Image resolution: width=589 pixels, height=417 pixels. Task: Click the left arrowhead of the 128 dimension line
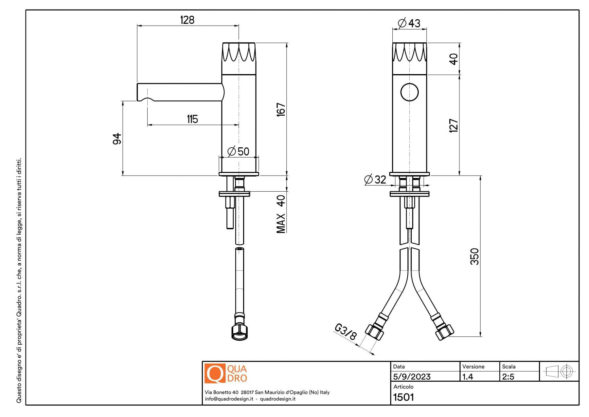click(x=139, y=25)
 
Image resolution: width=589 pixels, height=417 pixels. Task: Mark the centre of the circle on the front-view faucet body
click(x=409, y=92)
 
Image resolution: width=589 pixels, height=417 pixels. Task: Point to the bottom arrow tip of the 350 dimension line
click(x=480, y=336)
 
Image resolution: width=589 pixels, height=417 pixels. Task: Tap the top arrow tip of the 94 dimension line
click(x=123, y=101)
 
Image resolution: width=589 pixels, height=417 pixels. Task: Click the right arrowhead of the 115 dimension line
click(x=237, y=125)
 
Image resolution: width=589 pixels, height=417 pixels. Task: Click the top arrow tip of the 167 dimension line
click(x=287, y=43)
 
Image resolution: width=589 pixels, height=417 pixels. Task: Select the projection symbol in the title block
click(x=559, y=371)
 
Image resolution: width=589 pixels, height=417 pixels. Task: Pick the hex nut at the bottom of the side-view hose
click(x=240, y=332)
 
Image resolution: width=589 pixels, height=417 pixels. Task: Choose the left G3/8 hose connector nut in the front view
click(x=374, y=332)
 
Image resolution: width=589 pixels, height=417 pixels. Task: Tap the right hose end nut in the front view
click(x=444, y=332)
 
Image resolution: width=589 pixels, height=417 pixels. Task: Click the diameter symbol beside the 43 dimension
click(x=402, y=23)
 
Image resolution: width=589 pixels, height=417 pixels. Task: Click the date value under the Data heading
click(x=412, y=377)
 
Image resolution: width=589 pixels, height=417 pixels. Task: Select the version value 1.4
click(x=468, y=377)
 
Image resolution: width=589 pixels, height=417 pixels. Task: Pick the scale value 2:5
click(x=508, y=377)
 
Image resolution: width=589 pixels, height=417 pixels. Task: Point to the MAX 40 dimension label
click(x=281, y=214)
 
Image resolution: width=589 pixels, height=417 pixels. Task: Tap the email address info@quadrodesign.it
click(x=229, y=399)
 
